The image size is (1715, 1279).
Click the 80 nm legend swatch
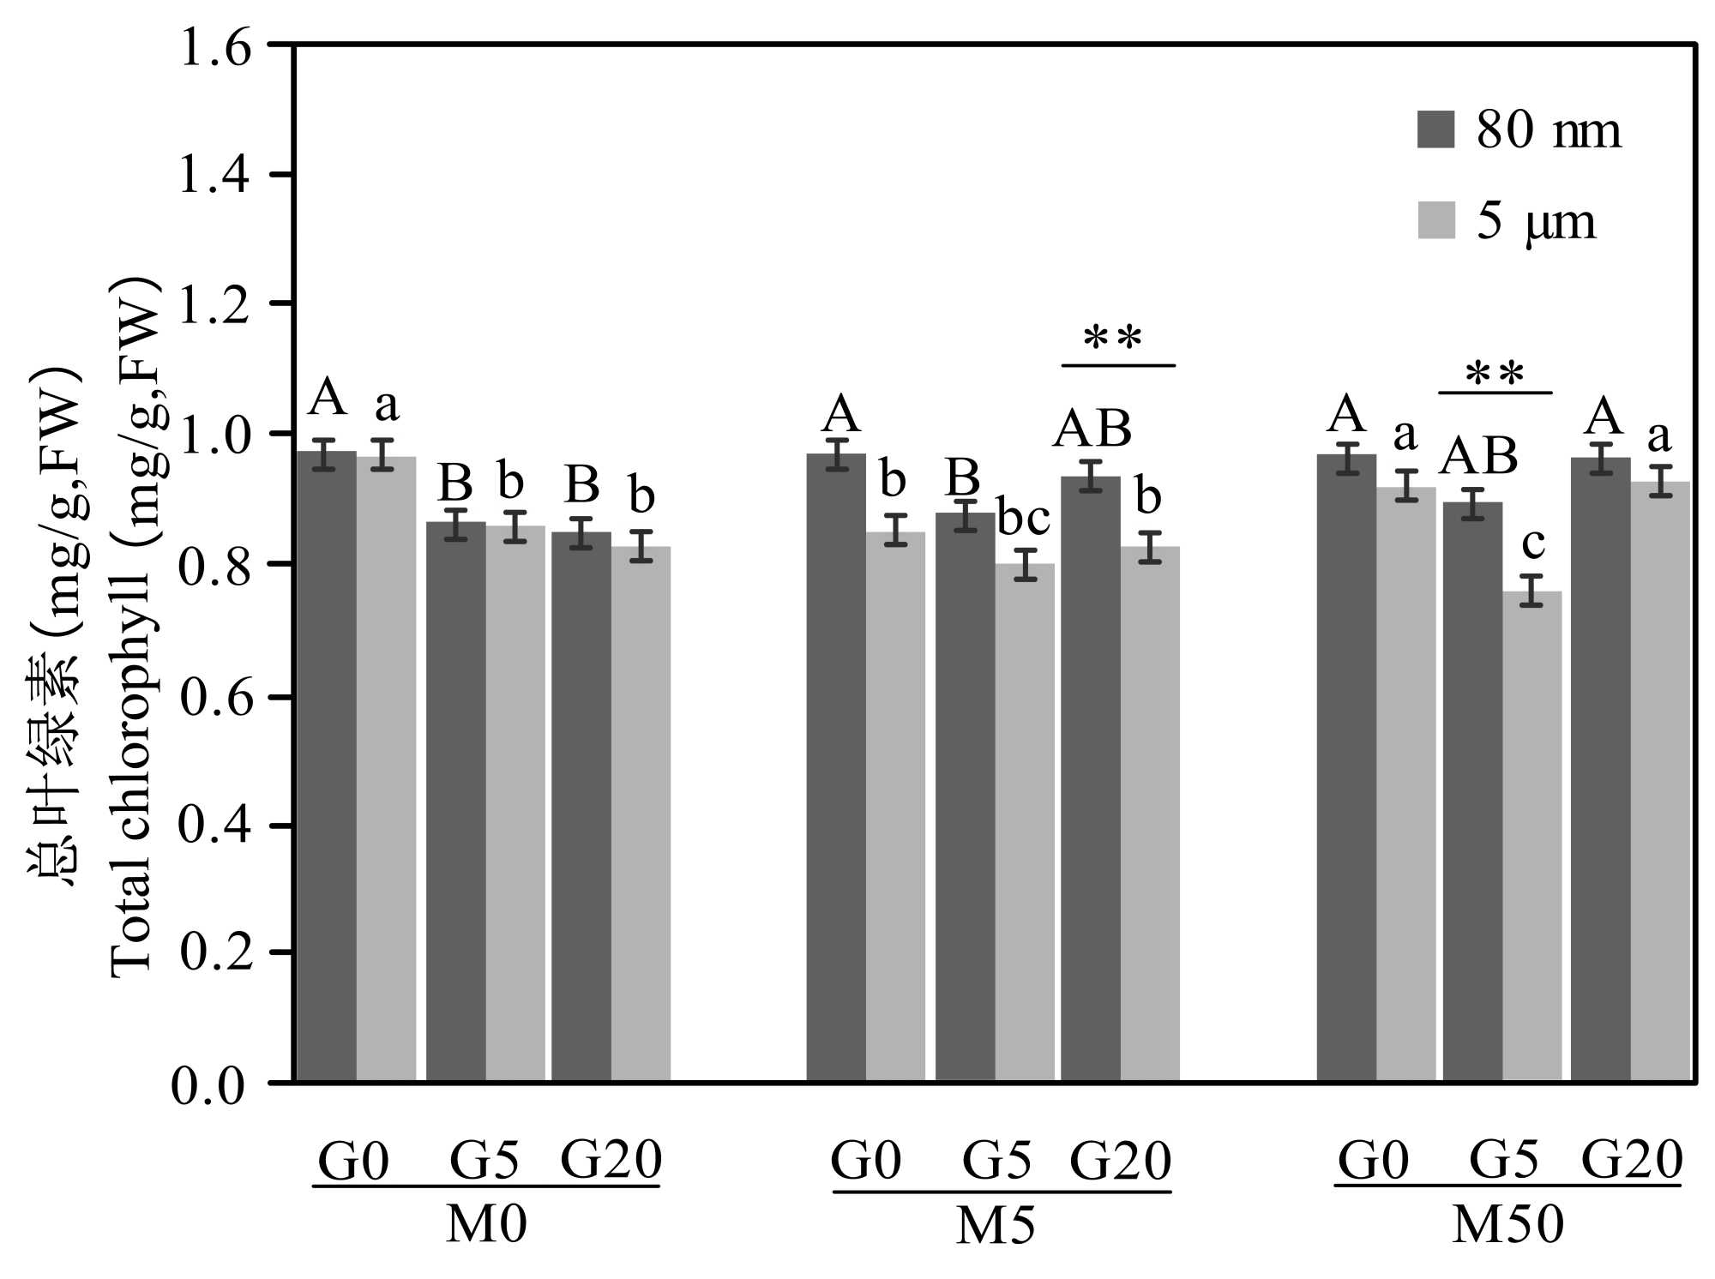coord(1435,129)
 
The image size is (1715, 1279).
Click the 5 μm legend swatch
coord(1435,219)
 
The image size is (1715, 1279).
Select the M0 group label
coord(485,1225)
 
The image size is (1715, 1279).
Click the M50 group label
coord(1507,1225)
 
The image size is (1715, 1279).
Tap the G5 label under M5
coord(997,1161)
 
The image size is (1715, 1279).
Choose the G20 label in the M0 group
coord(611,1161)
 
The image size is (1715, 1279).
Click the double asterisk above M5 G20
coord(1113,339)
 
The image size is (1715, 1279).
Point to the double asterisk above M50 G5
coord(1495,375)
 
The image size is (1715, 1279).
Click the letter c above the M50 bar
coord(1532,543)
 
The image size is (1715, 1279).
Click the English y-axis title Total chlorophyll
coord(133,626)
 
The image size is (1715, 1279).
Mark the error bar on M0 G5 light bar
coord(514,526)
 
